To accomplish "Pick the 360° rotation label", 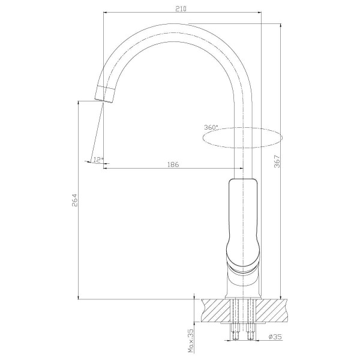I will pyautogui.click(x=211, y=127).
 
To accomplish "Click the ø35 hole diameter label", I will pyautogui.click(x=275, y=337).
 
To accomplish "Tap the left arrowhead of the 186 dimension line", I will pyautogui.click(x=106, y=168).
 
